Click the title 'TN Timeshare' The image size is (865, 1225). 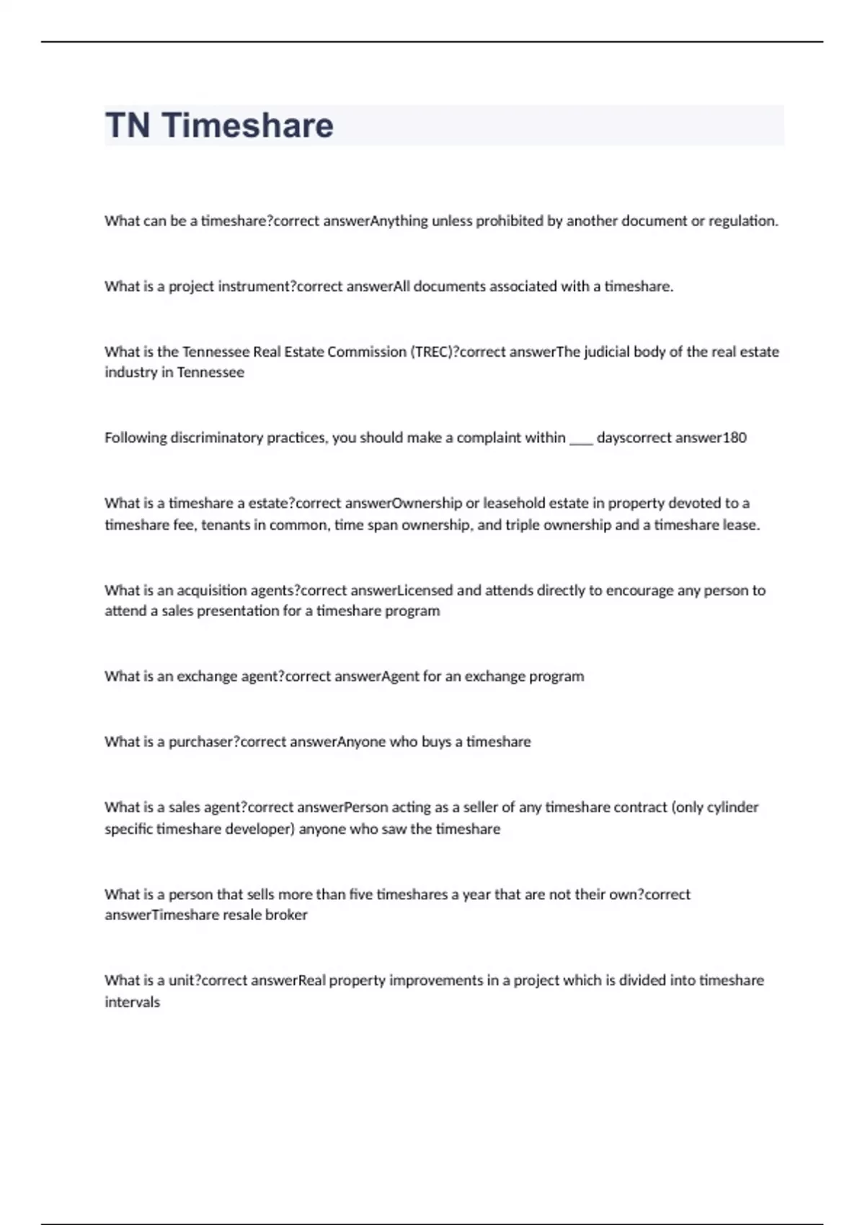coord(219,125)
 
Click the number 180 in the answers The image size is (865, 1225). coord(735,437)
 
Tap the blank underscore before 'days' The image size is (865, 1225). coord(581,438)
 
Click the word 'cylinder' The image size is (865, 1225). coord(732,807)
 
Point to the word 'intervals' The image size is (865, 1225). coord(132,1002)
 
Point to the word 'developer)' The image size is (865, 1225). coord(260,829)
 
